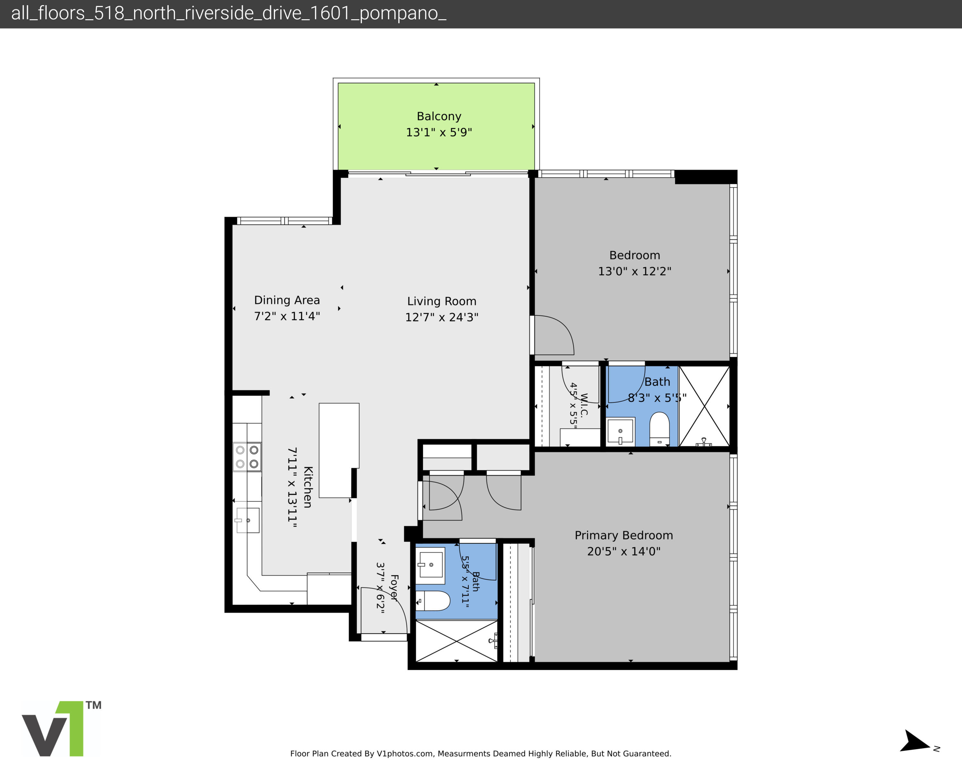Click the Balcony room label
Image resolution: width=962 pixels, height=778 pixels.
click(x=439, y=116)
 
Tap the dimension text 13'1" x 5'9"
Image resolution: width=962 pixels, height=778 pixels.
click(x=439, y=132)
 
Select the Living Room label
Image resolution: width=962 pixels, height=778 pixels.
click(x=442, y=301)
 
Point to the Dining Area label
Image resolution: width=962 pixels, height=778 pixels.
click(x=287, y=300)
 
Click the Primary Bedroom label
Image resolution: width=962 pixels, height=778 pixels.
click(x=624, y=535)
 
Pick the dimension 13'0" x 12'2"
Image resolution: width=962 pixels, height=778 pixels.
click(x=635, y=271)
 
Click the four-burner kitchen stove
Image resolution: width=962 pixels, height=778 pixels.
click(x=247, y=457)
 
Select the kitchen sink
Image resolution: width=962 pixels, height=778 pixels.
click(x=248, y=520)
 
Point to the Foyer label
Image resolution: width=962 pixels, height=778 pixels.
click(x=394, y=587)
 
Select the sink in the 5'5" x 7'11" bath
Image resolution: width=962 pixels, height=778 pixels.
click(x=430, y=565)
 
